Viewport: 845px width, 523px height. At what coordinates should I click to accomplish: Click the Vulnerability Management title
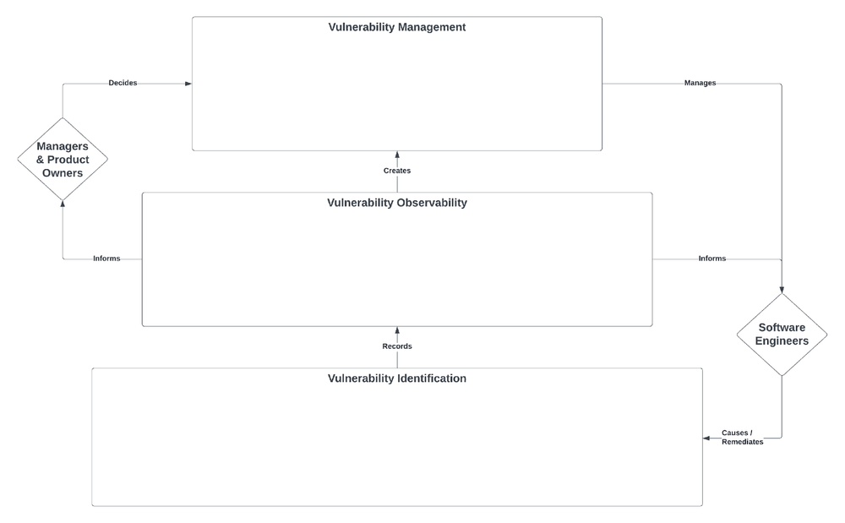point(396,27)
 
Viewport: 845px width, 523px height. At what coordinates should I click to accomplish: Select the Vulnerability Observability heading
point(396,203)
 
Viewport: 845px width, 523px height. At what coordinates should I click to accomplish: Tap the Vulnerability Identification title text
point(396,379)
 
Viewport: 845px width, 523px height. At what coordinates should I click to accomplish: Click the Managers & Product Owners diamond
point(63,159)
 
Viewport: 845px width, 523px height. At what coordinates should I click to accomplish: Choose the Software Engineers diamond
point(781,334)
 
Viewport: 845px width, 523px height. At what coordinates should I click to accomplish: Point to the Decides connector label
point(123,83)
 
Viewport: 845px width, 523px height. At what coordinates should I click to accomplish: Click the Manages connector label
point(700,83)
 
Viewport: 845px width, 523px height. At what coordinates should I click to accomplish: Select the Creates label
point(396,171)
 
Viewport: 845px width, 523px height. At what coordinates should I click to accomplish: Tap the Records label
point(396,346)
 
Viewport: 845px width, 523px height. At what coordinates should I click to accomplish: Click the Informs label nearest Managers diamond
point(106,259)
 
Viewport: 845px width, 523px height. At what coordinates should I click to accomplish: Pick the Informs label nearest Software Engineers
point(711,259)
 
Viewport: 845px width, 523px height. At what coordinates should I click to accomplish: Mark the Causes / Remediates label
point(742,437)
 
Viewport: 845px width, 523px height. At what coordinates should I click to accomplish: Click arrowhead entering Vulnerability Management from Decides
point(188,84)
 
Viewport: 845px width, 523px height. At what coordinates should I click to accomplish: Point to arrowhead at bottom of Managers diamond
point(63,204)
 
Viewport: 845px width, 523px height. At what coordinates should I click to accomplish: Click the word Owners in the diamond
point(63,173)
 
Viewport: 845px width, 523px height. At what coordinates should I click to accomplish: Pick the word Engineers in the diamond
point(781,341)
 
